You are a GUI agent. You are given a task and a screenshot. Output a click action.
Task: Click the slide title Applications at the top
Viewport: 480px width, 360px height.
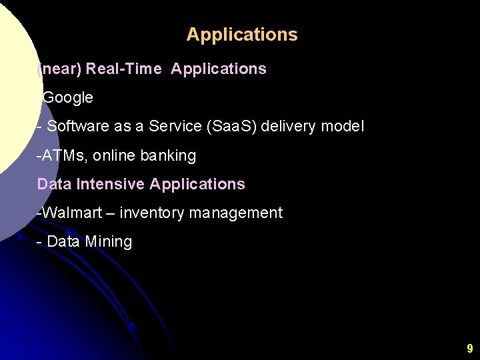(x=242, y=35)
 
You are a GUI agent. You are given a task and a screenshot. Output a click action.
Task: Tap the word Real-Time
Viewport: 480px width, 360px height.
(x=124, y=69)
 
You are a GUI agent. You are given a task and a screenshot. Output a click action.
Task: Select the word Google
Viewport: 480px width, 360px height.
(x=68, y=97)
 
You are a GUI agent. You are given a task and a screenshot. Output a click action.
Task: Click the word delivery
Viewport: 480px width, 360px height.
(x=290, y=126)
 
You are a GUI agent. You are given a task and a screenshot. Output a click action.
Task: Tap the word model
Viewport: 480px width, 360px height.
(x=344, y=126)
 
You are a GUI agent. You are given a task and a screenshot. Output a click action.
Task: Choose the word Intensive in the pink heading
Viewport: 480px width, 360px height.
(x=111, y=184)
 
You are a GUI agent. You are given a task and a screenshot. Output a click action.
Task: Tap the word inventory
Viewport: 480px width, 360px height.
(x=153, y=213)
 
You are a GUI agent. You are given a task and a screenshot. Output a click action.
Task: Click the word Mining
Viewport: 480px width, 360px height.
(x=109, y=242)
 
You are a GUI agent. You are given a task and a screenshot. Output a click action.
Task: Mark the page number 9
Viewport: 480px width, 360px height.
(x=469, y=348)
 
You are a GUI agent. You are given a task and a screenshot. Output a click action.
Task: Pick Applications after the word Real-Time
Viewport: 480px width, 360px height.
(x=219, y=69)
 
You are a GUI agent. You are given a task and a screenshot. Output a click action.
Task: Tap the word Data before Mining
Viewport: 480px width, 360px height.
(x=63, y=242)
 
